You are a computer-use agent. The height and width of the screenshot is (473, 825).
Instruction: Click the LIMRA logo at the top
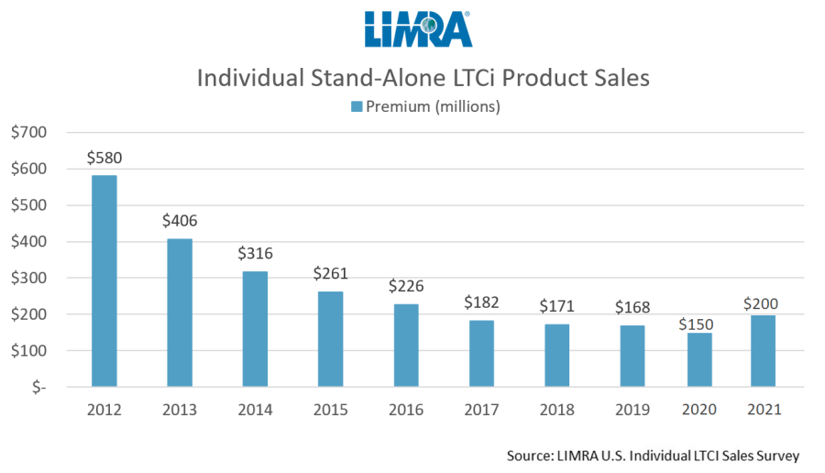(x=417, y=29)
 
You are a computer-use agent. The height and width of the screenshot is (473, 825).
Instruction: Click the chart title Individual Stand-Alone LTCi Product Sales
(x=423, y=78)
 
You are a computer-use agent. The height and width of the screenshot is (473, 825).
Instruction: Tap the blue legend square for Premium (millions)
(x=356, y=107)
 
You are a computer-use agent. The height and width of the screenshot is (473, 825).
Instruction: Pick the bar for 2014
(x=256, y=329)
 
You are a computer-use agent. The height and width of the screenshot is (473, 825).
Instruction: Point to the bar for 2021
(x=763, y=350)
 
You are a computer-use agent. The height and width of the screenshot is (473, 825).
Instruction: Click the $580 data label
(x=104, y=158)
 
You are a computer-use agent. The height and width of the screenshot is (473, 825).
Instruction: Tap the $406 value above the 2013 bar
(x=179, y=221)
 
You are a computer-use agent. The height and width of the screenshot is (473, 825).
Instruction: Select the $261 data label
(x=331, y=273)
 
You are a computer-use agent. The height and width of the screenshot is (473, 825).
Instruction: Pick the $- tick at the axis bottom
(x=36, y=388)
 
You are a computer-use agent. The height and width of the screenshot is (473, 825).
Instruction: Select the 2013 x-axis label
(x=180, y=411)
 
